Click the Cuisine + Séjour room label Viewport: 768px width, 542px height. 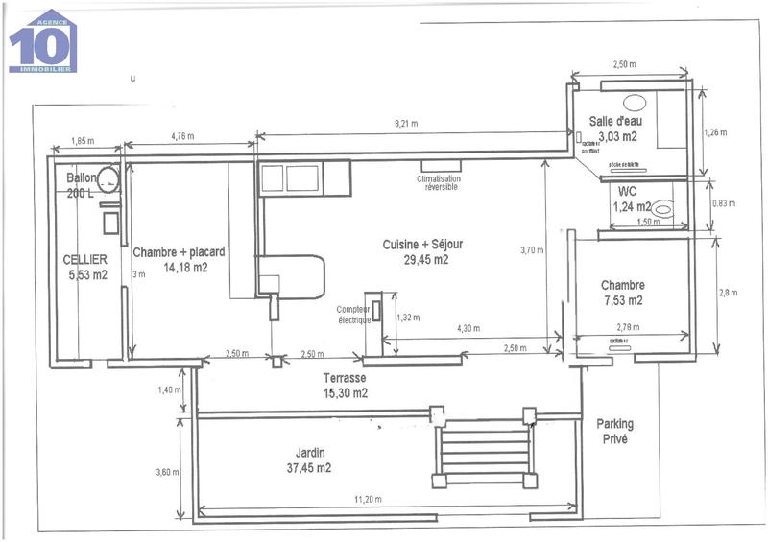point(416,252)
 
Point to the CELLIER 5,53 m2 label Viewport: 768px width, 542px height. point(85,267)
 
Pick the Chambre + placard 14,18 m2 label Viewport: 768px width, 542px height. point(179,260)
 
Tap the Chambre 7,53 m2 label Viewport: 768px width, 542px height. point(622,293)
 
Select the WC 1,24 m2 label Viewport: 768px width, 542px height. point(631,199)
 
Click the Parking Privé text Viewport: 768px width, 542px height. point(614,431)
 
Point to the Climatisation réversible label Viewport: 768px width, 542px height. point(439,182)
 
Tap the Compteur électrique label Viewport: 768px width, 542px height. point(353,314)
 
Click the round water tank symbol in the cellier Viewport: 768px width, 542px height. point(108,178)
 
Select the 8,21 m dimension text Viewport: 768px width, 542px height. point(408,124)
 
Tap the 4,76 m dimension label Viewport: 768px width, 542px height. point(181,136)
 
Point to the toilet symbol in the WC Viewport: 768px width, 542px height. point(663,205)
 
